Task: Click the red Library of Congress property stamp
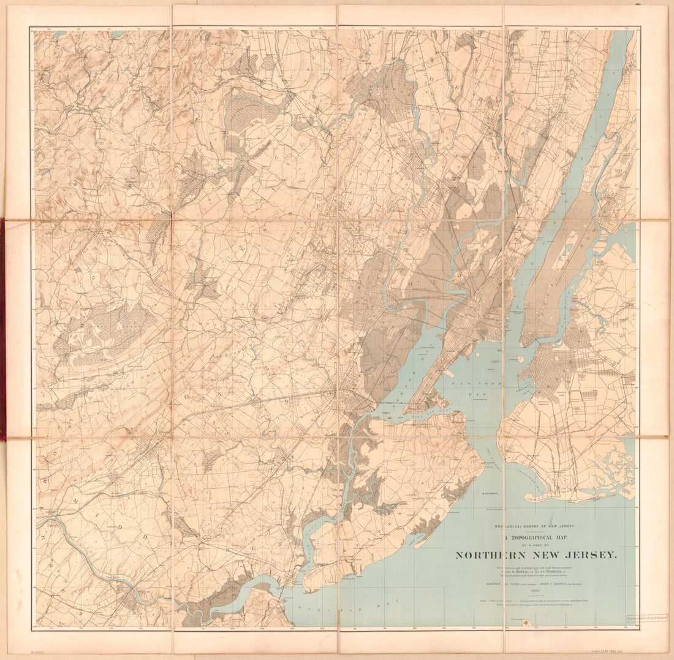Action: (x=646, y=619)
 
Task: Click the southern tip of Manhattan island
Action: (x=523, y=345)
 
